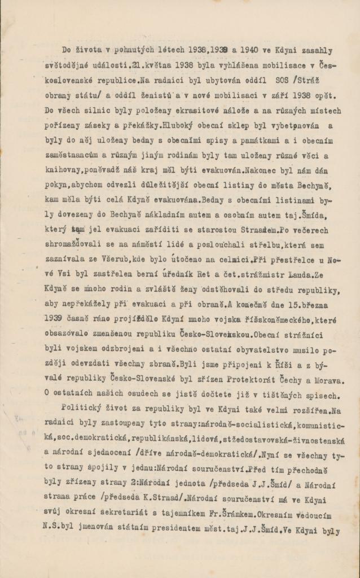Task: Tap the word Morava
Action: (326, 365)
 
